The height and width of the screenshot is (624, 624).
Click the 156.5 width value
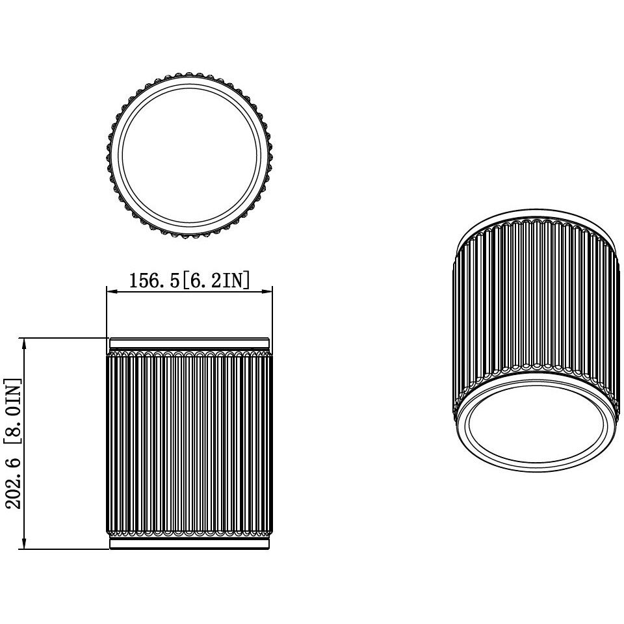coord(153,281)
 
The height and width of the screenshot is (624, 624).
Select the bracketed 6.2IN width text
coord(214,281)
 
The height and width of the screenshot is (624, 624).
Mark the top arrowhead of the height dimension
coord(24,343)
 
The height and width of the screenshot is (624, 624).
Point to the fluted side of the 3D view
coord(533,299)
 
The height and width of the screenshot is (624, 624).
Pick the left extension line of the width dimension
coord(107,312)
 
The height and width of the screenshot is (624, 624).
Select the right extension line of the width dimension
coord(270,312)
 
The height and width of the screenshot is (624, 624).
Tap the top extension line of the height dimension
coord(65,338)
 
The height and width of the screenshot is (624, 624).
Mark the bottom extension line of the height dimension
coord(65,549)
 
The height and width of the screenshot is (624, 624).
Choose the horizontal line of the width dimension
coord(188,292)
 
